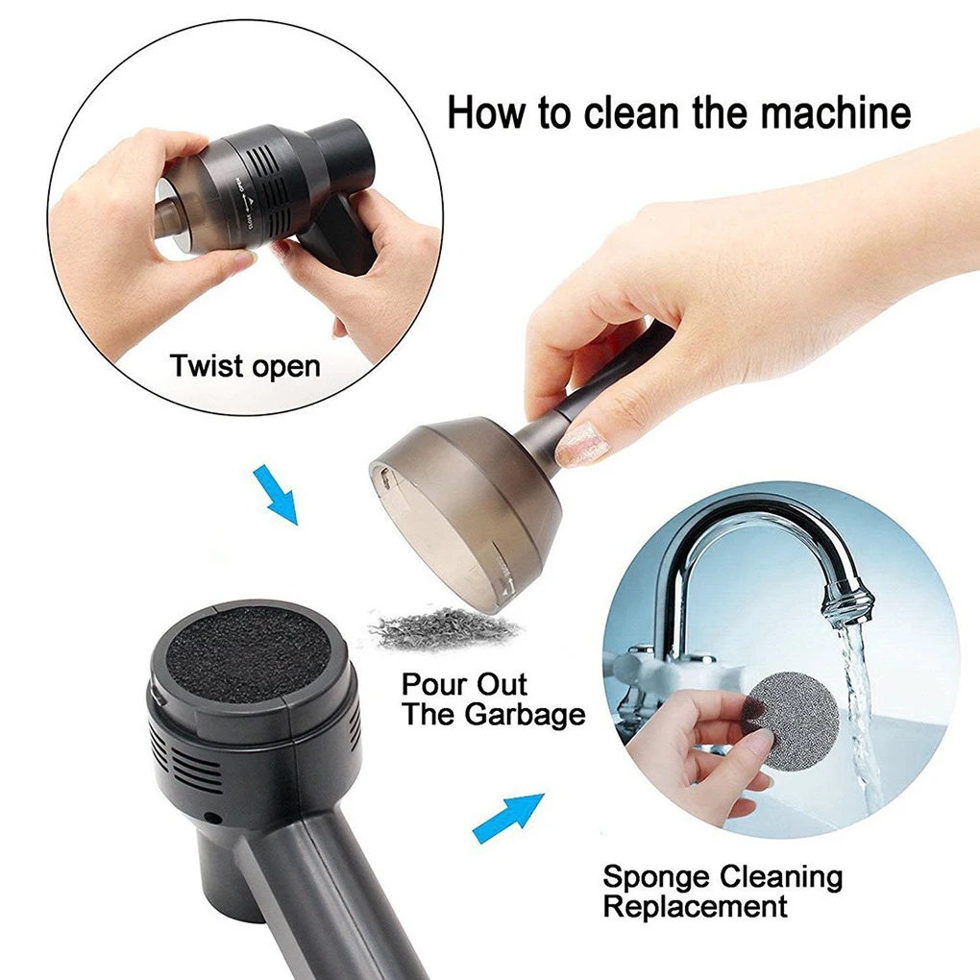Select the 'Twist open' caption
tap(245, 366)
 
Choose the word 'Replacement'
tap(695, 906)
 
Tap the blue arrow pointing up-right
tap(508, 819)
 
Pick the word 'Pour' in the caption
tap(432, 684)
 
